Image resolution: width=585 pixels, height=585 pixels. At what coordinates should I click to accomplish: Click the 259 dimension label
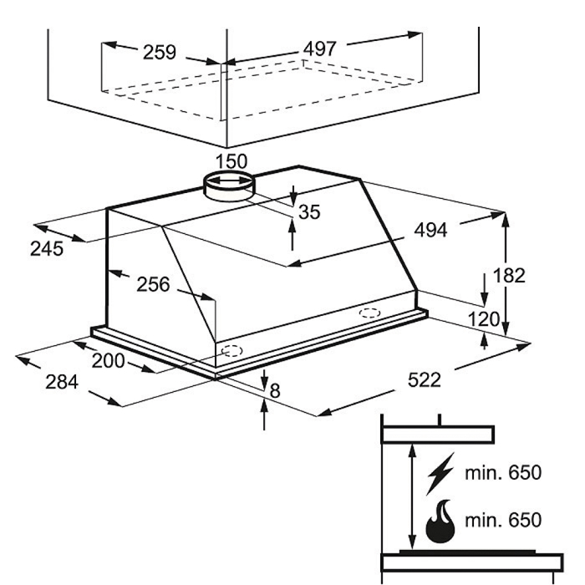click(160, 52)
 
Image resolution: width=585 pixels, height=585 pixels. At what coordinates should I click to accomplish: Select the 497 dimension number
click(320, 48)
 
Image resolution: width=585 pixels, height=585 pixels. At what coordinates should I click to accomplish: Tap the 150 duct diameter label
click(231, 161)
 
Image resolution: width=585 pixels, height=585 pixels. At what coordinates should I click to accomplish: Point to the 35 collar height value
click(309, 212)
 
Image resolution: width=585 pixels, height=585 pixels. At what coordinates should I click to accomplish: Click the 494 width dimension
click(430, 230)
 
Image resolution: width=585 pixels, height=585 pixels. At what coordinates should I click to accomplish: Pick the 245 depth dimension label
click(47, 248)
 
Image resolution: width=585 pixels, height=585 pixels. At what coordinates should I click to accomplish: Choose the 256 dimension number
click(153, 284)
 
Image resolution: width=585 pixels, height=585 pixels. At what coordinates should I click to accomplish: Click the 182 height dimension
click(509, 275)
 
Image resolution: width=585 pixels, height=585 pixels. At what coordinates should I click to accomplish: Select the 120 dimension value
click(484, 319)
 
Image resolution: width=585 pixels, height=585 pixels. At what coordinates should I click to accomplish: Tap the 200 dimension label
click(108, 361)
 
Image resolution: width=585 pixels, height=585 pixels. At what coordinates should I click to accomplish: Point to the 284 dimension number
click(62, 382)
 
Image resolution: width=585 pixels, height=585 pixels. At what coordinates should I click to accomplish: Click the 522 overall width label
click(425, 380)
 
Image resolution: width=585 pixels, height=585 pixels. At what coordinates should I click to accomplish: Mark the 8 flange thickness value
click(275, 391)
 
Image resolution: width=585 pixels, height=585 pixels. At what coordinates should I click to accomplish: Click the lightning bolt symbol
click(440, 474)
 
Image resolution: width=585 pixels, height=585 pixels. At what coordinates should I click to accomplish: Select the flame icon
click(440, 521)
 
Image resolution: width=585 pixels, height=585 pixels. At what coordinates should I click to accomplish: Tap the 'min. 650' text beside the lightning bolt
click(503, 473)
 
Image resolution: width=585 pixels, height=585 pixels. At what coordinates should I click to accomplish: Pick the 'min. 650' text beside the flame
click(503, 520)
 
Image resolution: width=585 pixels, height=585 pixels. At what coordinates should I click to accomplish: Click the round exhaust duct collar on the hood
click(229, 187)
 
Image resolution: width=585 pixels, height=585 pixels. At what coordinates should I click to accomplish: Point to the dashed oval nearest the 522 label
click(369, 313)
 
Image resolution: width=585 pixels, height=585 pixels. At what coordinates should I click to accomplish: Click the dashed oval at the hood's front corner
click(231, 351)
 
